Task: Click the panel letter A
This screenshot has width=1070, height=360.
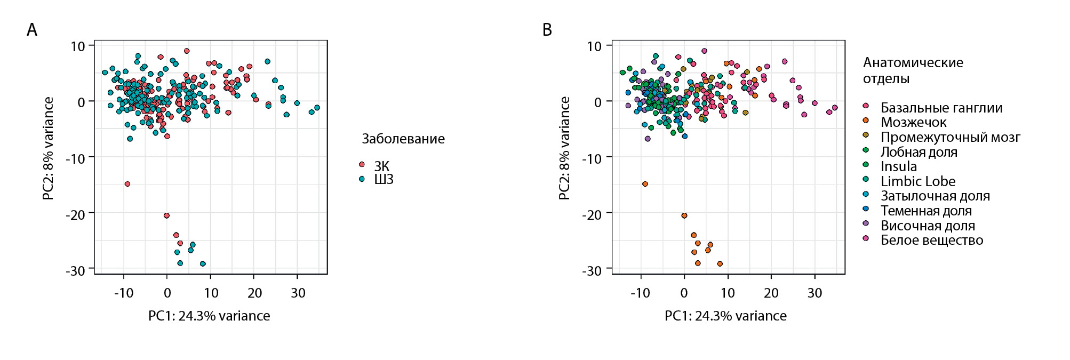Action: tap(32, 30)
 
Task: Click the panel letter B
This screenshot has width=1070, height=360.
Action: tap(547, 30)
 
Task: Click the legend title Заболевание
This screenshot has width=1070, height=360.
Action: tap(403, 139)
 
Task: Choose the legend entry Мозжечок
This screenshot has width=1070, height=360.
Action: tap(913, 122)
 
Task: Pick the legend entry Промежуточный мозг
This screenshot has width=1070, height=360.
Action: tap(950, 137)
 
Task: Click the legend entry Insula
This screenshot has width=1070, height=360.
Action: tap(898, 166)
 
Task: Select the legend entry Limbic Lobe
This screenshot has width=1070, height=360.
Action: tap(917, 181)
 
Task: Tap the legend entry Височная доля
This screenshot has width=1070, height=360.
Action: tap(927, 226)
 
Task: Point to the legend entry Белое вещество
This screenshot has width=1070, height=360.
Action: tap(931, 240)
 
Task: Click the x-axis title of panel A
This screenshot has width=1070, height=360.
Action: tap(209, 316)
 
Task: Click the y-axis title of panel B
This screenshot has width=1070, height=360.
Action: tap(564, 148)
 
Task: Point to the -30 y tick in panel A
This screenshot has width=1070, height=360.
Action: tap(77, 270)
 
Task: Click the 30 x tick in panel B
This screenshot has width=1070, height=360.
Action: tap(815, 293)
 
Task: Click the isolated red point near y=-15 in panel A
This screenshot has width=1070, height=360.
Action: tap(127, 184)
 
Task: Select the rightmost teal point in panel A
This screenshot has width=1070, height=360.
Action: tap(317, 108)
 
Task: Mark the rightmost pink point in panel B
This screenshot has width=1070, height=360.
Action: tap(835, 108)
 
